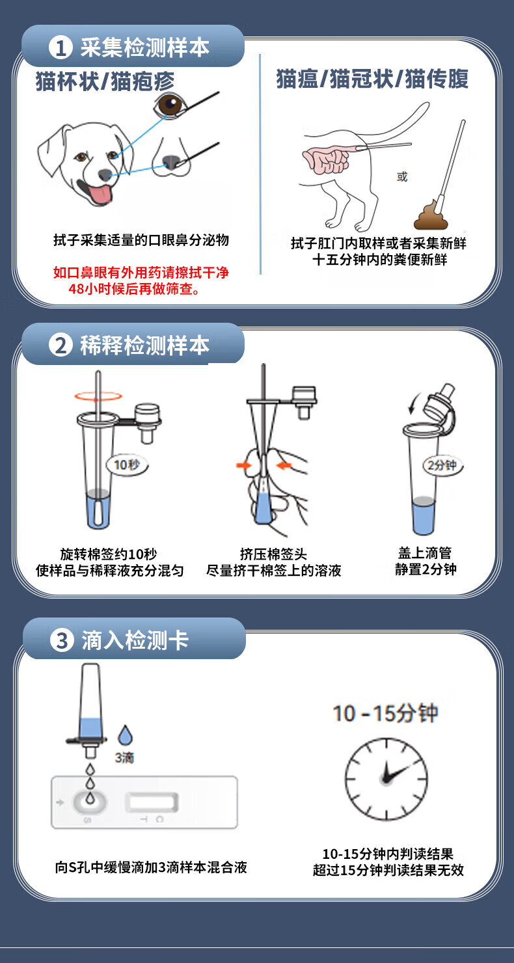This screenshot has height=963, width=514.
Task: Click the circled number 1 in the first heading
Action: (60, 47)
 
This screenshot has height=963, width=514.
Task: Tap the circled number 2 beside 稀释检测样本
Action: (60, 346)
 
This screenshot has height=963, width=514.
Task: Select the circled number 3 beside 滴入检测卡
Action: (62, 640)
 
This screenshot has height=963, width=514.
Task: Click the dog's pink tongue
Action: (101, 195)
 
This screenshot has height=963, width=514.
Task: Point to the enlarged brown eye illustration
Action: (169, 105)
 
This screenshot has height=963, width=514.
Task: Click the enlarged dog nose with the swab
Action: (171, 158)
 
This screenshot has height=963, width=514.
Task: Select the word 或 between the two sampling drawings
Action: (402, 177)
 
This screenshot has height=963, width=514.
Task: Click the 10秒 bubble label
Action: (127, 465)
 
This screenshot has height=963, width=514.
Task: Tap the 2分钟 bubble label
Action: (442, 465)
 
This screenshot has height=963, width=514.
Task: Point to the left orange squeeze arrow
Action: (244, 465)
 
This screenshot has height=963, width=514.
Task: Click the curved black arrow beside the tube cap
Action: (413, 403)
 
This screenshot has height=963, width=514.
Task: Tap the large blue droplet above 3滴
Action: (125, 735)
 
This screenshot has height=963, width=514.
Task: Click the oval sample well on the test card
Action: (90, 802)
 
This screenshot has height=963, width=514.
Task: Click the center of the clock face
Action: (385, 779)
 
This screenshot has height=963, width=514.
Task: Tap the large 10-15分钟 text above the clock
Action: (385, 713)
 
